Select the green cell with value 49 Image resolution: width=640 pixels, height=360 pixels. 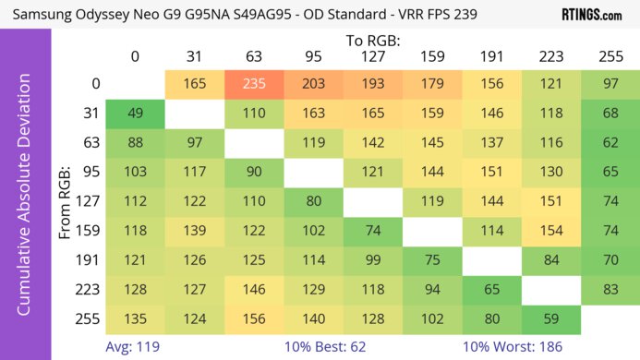135,114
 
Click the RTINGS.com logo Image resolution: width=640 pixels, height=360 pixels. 591,15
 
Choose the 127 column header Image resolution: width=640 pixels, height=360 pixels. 371,57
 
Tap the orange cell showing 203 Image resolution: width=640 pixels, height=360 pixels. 312,84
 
